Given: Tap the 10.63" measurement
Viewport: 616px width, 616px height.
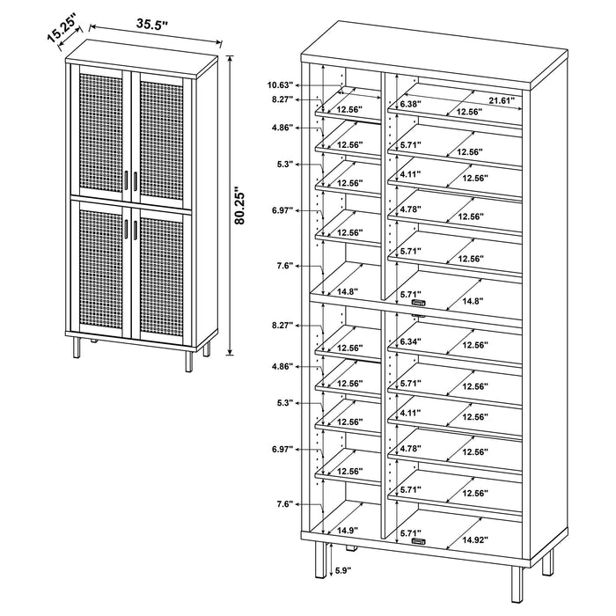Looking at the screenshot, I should pyautogui.click(x=281, y=85).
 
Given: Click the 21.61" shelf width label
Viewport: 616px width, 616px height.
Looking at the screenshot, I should pyautogui.click(x=501, y=101).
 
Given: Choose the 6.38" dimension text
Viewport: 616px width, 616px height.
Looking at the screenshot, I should pyautogui.click(x=411, y=104).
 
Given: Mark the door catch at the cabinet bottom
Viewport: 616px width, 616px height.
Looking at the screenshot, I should pyautogui.click(x=419, y=541).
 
